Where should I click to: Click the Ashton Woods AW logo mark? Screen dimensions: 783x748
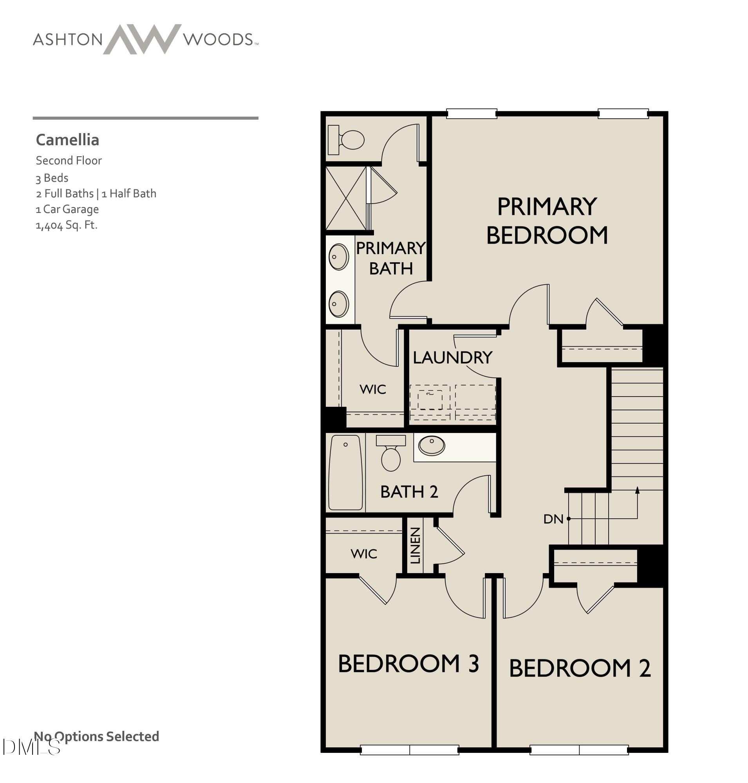pyautogui.click(x=142, y=39)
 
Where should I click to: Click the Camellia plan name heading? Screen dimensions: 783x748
pyautogui.click(x=67, y=140)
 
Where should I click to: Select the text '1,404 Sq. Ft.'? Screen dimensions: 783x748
pyautogui.click(x=67, y=225)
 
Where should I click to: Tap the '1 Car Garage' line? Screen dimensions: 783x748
pyautogui.click(x=67, y=209)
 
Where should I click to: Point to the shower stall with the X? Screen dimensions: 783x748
pyautogui.click(x=346, y=198)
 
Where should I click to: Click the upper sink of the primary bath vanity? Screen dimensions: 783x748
pyautogui.click(x=338, y=257)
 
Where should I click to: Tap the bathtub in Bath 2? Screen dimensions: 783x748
pyautogui.click(x=345, y=473)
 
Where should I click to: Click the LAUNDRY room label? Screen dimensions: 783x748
pyautogui.click(x=452, y=357)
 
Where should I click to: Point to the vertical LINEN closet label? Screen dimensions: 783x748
pyautogui.click(x=415, y=545)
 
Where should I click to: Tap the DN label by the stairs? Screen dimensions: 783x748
pyautogui.click(x=553, y=519)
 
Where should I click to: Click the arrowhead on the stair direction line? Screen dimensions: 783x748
pyautogui.click(x=637, y=491)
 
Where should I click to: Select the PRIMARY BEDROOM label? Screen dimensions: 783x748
pyautogui.click(x=547, y=221)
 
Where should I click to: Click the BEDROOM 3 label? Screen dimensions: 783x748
pyautogui.click(x=408, y=664)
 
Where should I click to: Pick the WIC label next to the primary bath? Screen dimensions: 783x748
pyautogui.click(x=372, y=389)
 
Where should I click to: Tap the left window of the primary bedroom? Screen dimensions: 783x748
pyautogui.click(x=471, y=114)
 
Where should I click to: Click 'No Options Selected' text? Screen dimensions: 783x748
pyautogui.click(x=96, y=736)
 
